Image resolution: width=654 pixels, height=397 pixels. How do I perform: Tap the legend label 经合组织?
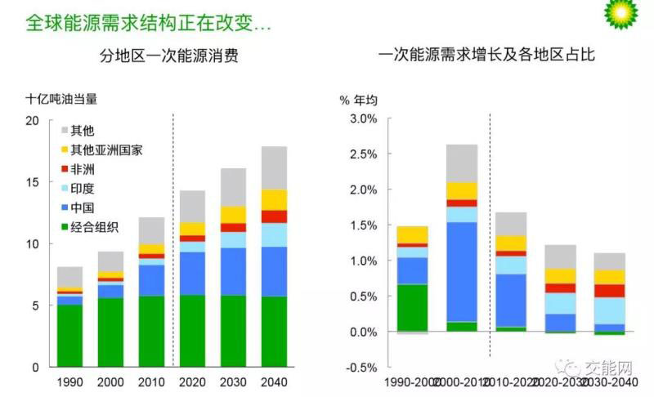(94, 226)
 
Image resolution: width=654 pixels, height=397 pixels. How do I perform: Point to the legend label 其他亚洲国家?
(107, 149)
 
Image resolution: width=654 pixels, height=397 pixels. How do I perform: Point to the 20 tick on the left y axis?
(33, 121)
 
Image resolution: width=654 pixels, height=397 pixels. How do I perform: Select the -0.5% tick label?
(361, 368)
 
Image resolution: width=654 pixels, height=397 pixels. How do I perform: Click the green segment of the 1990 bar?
(70, 336)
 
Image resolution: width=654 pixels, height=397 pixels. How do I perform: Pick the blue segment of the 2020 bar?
(192, 273)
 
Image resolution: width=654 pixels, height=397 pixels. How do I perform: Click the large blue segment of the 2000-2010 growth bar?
(462, 271)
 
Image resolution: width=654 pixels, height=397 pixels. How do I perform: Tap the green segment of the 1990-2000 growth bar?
(412, 307)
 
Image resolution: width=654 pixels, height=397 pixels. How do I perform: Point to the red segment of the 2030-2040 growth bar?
(609, 290)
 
